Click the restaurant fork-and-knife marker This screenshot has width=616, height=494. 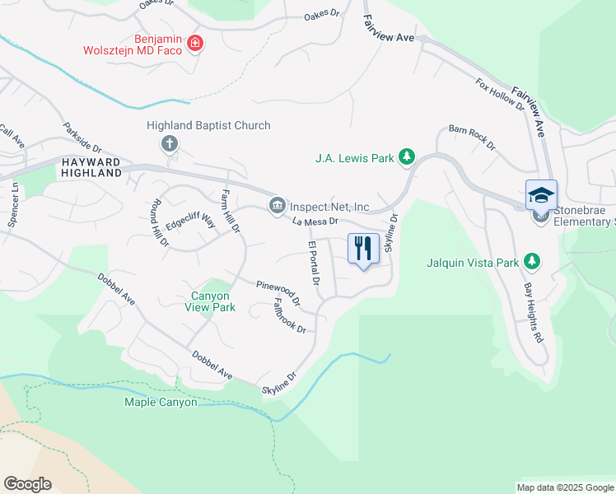(363, 248)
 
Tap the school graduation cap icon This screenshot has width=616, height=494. (541, 195)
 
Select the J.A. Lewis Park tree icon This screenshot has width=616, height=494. (406, 156)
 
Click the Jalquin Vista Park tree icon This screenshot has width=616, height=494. (533, 263)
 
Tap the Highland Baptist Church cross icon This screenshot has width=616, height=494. (170, 145)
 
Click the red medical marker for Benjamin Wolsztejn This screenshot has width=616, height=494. (195, 43)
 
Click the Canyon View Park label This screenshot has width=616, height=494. (213, 301)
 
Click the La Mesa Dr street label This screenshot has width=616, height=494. (316, 221)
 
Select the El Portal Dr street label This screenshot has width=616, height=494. (313, 264)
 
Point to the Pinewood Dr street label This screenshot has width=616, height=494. (278, 291)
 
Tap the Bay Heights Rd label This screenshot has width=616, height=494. (534, 314)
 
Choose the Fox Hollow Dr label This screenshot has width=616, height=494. (500, 94)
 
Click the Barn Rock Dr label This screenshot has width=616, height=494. (472, 136)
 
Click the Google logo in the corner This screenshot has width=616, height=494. (27, 483)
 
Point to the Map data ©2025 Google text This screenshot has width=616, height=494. (564, 487)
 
